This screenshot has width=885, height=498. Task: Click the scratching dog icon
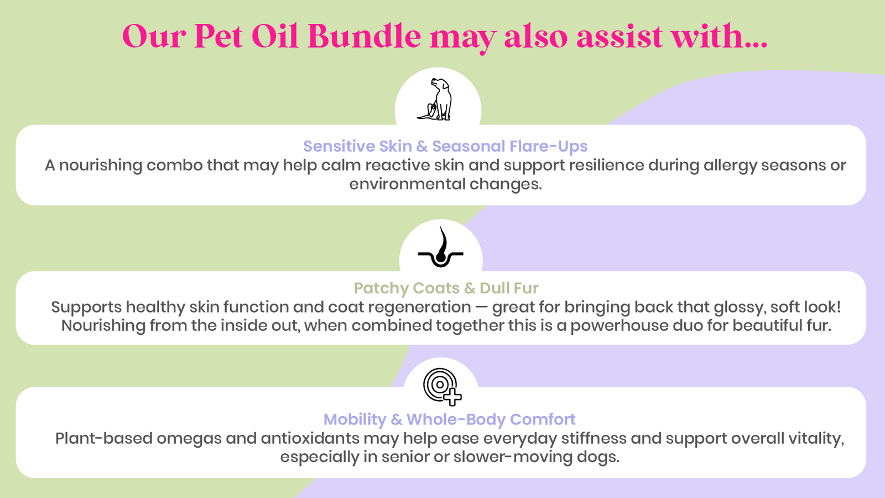[x=435, y=99]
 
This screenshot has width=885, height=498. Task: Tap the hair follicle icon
[x=440, y=247]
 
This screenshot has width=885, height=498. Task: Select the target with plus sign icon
[x=442, y=387]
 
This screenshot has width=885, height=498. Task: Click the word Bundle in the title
[x=365, y=37]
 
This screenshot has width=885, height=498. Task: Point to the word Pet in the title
[x=218, y=37]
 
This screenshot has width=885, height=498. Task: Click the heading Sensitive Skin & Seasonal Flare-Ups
[x=445, y=146]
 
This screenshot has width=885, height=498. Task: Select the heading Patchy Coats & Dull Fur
[x=446, y=288]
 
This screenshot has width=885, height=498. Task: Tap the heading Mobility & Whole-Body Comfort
[x=449, y=419]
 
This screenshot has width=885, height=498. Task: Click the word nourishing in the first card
[x=101, y=165]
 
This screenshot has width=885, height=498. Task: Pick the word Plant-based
[x=104, y=439]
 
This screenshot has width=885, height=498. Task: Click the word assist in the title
[x=619, y=37]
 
